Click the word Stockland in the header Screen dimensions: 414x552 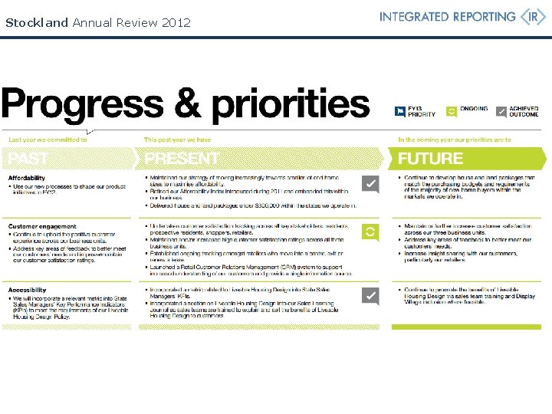[37, 22]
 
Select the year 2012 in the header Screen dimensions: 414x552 [176, 22]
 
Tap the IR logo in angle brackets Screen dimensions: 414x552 [533, 17]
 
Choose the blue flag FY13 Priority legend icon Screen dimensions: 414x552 [399, 112]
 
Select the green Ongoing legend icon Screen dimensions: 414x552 [452, 112]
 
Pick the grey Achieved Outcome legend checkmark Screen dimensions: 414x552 [501, 112]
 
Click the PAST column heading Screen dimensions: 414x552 [28, 159]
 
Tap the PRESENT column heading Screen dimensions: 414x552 [182, 159]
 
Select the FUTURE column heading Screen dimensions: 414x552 [430, 159]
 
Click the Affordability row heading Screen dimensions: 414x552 [27, 179]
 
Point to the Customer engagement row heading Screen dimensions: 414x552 [42, 227]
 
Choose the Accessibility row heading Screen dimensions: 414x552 [28, 290]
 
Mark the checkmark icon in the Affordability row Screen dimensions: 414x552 [370, 184]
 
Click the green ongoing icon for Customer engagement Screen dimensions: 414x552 [370, 232]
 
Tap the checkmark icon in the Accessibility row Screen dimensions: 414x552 [370, 296]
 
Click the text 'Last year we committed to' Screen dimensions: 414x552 [48, 140]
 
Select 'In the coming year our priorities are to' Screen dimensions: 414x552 [455, 140]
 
